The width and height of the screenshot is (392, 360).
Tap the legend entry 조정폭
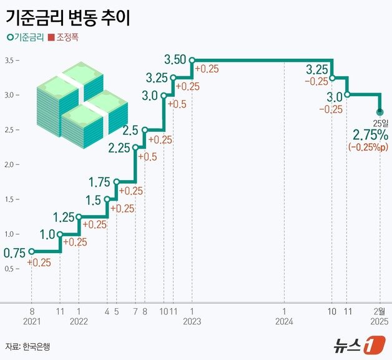68,37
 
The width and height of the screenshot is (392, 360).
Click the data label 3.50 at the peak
175,60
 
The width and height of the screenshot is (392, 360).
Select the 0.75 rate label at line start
14,253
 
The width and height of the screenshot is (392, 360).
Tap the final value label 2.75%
371,135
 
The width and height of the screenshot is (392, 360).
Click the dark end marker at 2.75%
380,112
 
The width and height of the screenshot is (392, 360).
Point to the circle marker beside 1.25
79,217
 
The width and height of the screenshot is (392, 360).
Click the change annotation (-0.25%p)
370,147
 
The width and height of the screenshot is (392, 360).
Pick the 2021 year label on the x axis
31,321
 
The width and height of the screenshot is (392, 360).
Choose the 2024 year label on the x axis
284,321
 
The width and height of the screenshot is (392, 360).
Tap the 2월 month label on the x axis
379,311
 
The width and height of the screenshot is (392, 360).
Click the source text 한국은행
38,346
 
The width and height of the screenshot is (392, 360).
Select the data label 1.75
99,182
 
